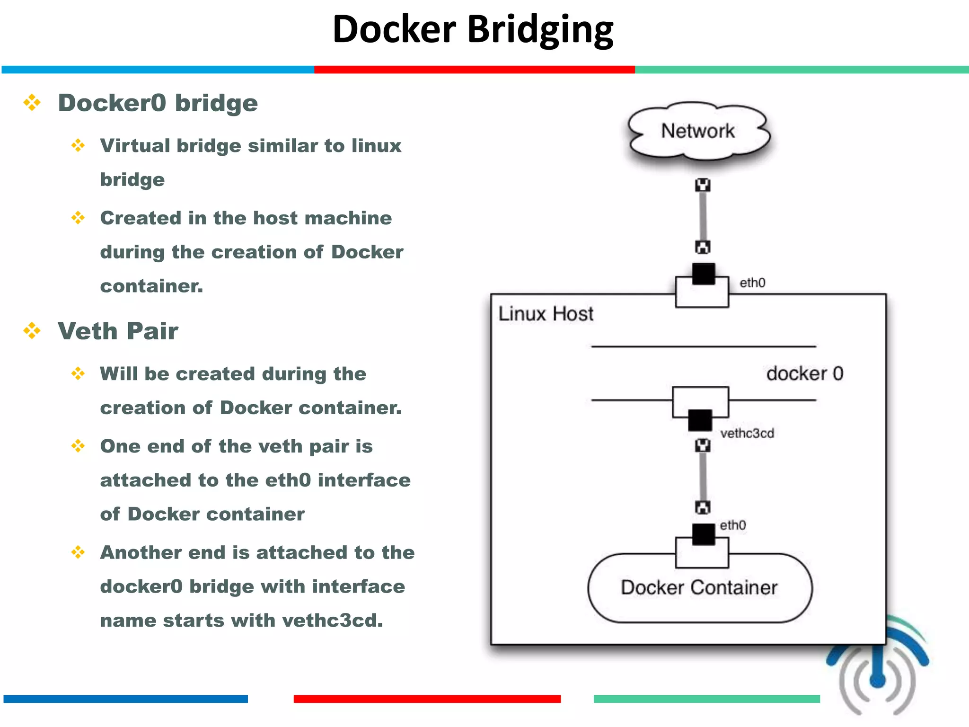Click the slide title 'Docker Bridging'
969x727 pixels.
(x=473, y=29)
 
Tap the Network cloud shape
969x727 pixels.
(x=698, y=131)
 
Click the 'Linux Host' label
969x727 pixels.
(x=546, y=314)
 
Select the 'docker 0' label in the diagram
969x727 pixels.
(x=804, y=373)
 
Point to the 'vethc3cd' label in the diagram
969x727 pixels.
(x=747, y=433)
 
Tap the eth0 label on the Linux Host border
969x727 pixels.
(x=752, y=283)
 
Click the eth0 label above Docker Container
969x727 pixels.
(x=732, y=525)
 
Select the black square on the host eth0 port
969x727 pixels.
(x=703, y=274)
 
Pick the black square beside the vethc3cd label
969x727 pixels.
(x=700, y=420)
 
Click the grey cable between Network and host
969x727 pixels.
(x=703, y=215)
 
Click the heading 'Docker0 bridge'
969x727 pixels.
(x=158, y=103)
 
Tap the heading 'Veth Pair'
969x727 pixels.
(x=118, y=331)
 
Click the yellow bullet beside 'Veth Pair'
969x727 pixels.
(x=32, y=330)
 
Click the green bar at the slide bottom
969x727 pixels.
(x=706, y=699)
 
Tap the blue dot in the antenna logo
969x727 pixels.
(x=877, y=681)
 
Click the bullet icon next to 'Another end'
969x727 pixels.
(x=78, y=552)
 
